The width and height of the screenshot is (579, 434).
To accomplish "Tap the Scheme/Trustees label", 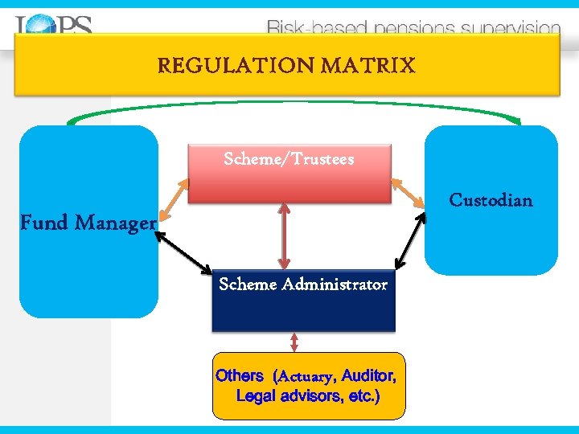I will (289, 159).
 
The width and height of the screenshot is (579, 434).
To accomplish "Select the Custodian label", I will (491, 200).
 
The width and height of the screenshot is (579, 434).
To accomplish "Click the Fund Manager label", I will (87, 223).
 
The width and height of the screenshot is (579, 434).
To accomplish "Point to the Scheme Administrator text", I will (303, 285).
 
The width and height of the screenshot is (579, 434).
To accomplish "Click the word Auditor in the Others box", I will (368, 375).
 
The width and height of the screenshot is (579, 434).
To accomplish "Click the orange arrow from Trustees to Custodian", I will (409, 197).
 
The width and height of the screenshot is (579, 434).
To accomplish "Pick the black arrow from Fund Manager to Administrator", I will (183, 252).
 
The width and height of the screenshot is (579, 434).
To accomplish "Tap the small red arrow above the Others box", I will (294, 342).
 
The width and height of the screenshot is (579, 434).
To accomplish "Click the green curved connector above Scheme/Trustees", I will (289, 102).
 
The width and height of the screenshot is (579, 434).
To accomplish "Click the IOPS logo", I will (53, 26).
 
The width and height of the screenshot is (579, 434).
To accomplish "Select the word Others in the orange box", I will (239, 375).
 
